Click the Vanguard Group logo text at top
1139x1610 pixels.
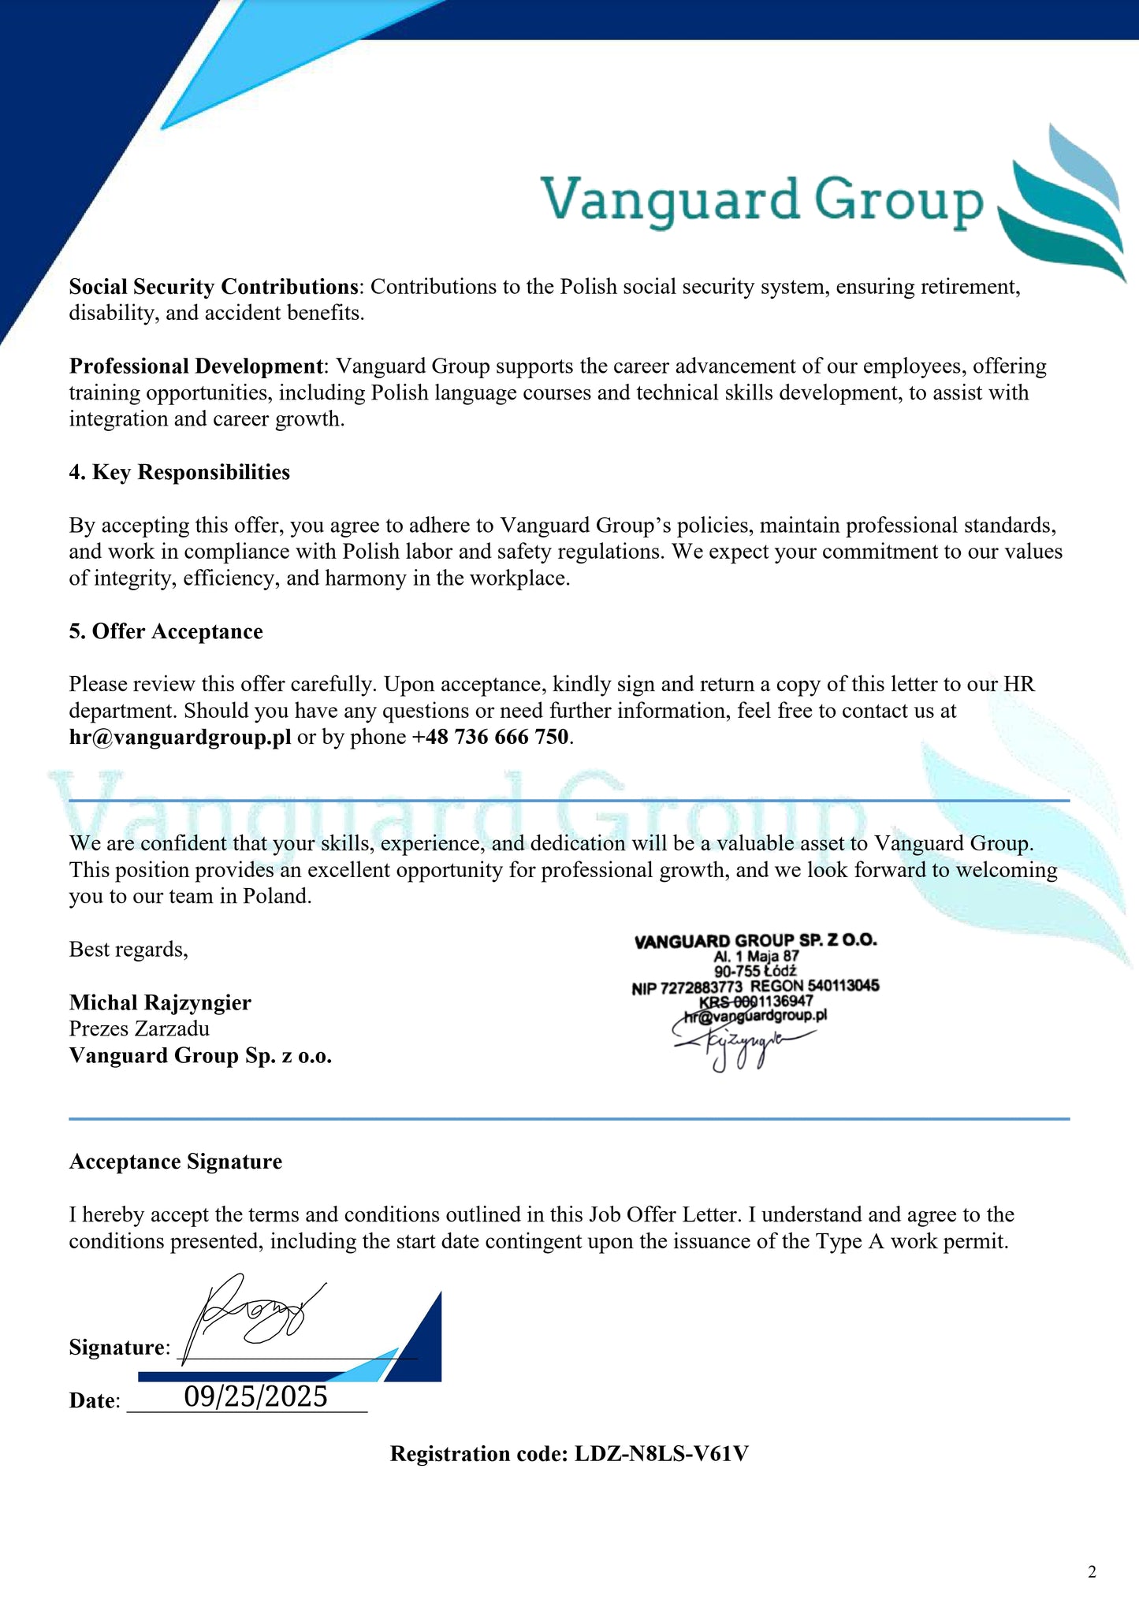[761, 200]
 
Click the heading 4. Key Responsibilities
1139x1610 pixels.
[179, 472]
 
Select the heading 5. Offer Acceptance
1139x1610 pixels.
[166, 631]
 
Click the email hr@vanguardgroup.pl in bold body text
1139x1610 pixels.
[180, 737]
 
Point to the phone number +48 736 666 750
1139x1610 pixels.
[489, 737]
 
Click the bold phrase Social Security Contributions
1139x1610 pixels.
[214, 286]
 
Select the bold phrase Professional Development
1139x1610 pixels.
[196, 366]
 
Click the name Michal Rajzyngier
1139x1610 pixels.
[160, 1002]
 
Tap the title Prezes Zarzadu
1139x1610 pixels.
[140, 1028]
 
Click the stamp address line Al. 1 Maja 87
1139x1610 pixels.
[756, 956]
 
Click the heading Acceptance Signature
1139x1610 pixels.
[175, 1162]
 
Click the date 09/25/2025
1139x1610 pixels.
[255, 1396]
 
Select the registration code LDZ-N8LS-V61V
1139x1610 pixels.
[661, 1453]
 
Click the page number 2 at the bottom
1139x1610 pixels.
[1092, 1572]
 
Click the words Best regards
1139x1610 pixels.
[128, 949]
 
